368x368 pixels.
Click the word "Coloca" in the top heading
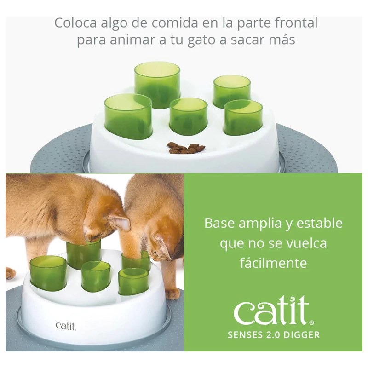click(x=75, y=23)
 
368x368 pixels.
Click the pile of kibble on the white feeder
click(x=186, y=149)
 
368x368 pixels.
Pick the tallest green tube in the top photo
click(x=157, y=85)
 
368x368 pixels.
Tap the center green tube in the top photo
click(x=189, y=116)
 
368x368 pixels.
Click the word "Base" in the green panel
click(x=219, y=223)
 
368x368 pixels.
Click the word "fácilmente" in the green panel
click(x=273, y=263)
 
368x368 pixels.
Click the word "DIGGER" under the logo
click(x=302, y=335)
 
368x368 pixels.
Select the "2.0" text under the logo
click(x=273, y=335)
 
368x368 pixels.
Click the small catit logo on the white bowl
click(x=66, y=326)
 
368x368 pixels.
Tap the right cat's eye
click(x=156, y=253)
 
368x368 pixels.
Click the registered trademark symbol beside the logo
click(x=311, y=323)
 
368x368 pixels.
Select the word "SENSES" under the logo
click(x=245, y=335)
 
